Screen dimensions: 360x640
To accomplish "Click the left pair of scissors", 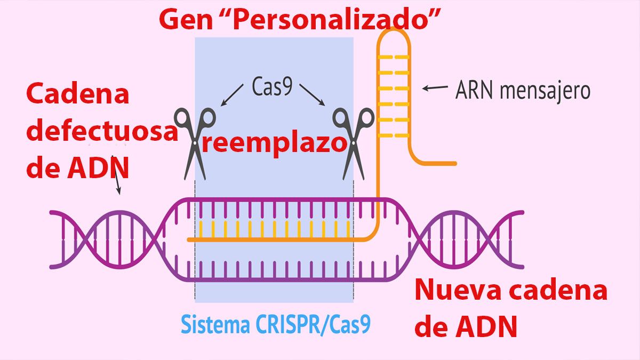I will [194, 142].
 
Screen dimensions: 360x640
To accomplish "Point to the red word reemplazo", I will [273, 145].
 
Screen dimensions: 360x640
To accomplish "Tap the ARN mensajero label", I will [523, 91].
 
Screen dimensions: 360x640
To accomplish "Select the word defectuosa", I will [101, 131].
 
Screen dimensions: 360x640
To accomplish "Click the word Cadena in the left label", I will [78, 94].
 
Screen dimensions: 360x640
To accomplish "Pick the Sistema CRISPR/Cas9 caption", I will [275, 324].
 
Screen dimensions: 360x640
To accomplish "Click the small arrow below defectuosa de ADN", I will [118, 184].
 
